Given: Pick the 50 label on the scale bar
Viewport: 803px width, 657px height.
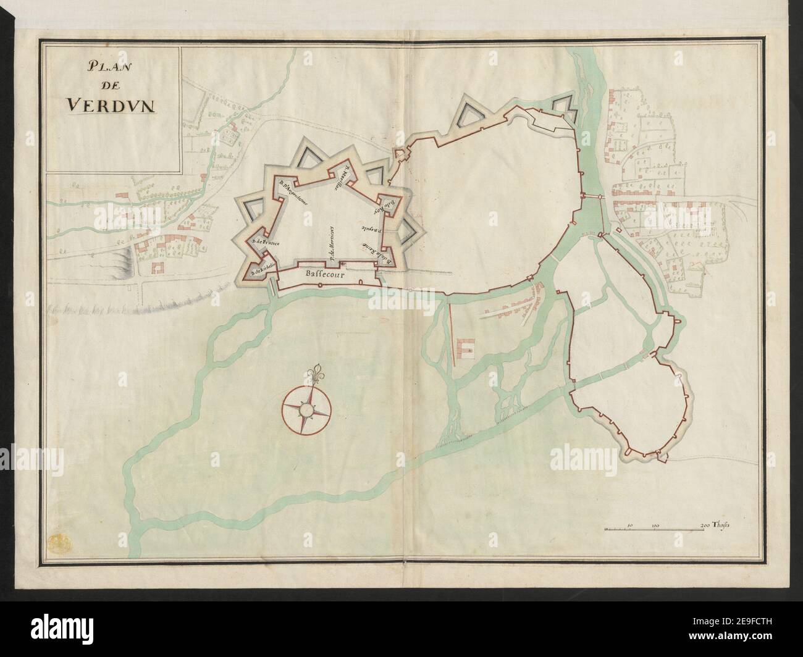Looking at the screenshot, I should (629, 526).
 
